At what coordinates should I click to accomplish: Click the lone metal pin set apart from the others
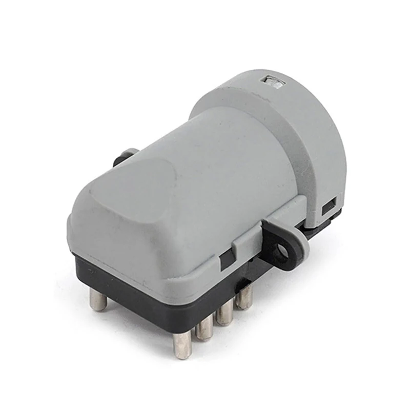[97, 300]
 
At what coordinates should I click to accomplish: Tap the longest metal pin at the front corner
[182, 345]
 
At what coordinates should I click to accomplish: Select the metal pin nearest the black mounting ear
[244, 297]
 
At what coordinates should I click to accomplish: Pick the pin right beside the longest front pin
[204, 331]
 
